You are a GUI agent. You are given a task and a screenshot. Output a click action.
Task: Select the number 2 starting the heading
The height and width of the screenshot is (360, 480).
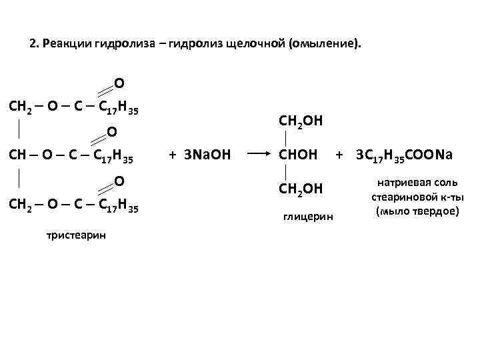[x=33, y=45]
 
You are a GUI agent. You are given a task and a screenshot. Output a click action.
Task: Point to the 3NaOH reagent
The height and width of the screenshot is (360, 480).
[x=199, y=155]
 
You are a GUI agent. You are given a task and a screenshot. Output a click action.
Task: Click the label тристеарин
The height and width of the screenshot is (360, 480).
[x=75, y=235]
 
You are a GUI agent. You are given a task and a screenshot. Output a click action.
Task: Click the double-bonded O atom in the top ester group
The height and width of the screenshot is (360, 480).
[x=118, y=83]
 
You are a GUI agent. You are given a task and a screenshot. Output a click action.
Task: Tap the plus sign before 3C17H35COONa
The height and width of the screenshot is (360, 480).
[x=339, y=155]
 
